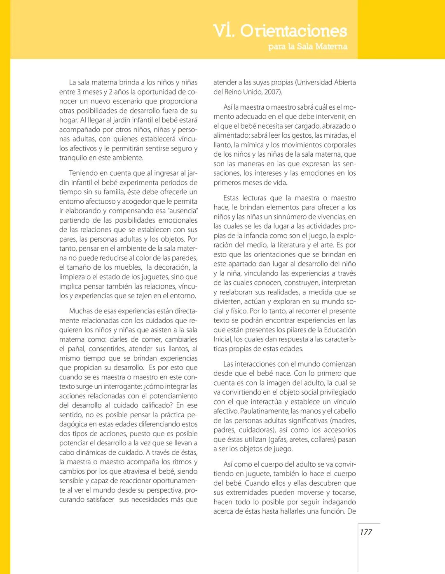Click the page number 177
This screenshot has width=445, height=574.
pos(366,532)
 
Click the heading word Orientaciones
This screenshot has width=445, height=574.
pos(293,31)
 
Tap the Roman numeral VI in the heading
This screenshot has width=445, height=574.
pos(224,31)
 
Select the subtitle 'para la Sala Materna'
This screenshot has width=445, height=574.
pos(307,47)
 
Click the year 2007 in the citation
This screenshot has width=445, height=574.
pos(272,92)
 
